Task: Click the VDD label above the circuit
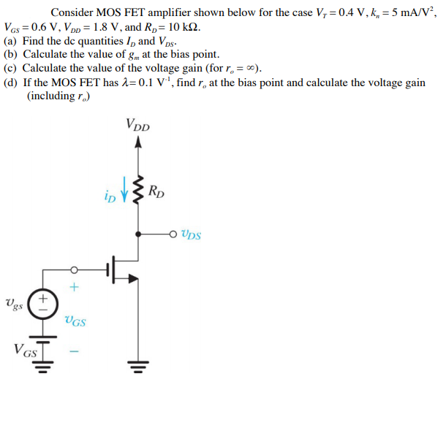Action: click(137, 125)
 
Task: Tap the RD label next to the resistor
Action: click(156, 193)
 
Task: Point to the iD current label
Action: click(110, 196)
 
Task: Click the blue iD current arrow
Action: click(124, 194)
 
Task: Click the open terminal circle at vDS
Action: click(173, 234)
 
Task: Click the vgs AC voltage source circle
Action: click(43, 301)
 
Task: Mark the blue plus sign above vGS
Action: click(73, 287)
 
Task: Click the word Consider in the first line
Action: click(72, 12)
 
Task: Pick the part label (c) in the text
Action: click(11, 69)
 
